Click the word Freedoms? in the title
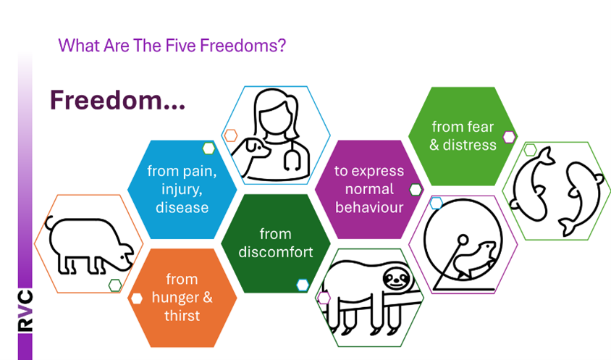[x=243, y=46]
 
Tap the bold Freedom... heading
[x=117, y=100]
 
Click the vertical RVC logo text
[x=25, y=311]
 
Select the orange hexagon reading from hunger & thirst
[x=182, y=298]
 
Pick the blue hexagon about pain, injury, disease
[x=182, y=189]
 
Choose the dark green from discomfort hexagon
[x=276, y=243]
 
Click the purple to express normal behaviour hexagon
[x=369, y=189]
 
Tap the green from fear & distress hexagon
[x=463, y=135]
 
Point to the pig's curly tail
[x=49, y=222]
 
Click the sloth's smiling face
[x=397, y=279]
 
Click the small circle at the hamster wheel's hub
[x=463, y=239]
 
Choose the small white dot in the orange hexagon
[x=136, y=298]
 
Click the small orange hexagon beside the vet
[x=230, y=135]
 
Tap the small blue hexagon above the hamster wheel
[x=436, y=203]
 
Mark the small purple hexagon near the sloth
[x=324, y=298]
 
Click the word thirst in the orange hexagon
[x=182, y=316]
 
